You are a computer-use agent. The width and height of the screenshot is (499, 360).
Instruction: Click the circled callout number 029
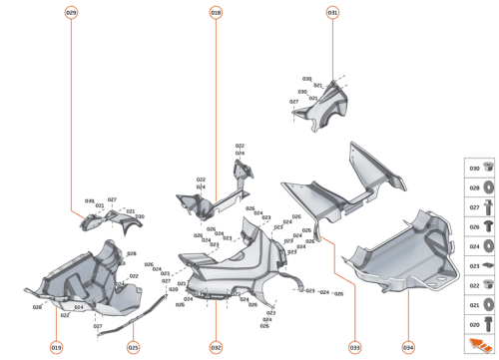tap(71, 12)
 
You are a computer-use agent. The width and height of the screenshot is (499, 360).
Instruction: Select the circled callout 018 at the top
tap(217, 12)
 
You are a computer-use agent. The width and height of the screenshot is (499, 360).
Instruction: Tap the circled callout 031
tap(332, 12)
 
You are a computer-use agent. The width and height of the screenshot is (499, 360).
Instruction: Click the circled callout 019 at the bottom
tap(56, 346)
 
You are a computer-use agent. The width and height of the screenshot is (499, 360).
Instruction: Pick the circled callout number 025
tap(133, 346)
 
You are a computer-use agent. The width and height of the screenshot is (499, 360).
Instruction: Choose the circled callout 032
tap(216, 346)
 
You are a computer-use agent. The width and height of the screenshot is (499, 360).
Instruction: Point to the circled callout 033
tap(353, 346)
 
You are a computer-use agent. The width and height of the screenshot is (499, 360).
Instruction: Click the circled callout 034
tap(407, 346)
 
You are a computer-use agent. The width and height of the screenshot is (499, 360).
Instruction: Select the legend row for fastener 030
tap(479, 169)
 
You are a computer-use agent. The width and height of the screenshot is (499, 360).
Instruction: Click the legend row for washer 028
tap(479, 188)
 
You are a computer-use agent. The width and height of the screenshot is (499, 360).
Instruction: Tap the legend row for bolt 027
tap(479, 207)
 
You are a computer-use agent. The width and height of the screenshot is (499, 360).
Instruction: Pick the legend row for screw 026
tap(479, 227)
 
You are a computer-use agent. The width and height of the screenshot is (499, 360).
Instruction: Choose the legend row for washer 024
tap(479, 246)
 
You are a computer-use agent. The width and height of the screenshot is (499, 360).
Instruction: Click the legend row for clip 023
tap(479, 266)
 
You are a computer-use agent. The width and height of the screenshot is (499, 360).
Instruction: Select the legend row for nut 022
tap(479, 285)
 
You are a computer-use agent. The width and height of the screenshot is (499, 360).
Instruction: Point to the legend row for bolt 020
tap(479, 324)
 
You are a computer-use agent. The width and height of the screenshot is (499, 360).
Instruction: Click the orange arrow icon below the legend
tap(480, 345)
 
